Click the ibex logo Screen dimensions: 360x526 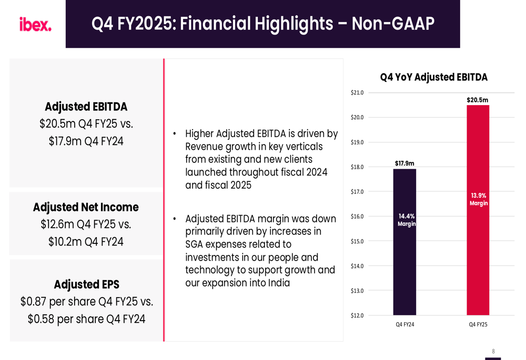coord(35,24)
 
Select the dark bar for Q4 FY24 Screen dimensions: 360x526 coord(404,263)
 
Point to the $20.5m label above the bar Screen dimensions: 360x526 coord(477,100)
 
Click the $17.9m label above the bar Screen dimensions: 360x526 coord(404,163)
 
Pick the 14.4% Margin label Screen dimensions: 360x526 coord(407,220)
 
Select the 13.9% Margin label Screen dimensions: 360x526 coord(479,199)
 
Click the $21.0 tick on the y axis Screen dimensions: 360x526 coord(357,93)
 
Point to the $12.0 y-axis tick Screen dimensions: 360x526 coord(357,315)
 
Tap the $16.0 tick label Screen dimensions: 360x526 coord(357,217)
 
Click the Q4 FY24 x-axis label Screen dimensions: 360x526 coord(404,325)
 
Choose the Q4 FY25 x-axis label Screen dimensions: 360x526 coord(478,325)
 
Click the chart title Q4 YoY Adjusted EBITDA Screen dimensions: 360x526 coord(433,77)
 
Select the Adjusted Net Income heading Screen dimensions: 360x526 coord(86,207)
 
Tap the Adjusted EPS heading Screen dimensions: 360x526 coord(86,284)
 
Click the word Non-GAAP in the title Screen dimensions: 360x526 coord(393,24)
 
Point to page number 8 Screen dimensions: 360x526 coord(493,351)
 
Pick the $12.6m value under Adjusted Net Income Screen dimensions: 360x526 coord(57,224)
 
